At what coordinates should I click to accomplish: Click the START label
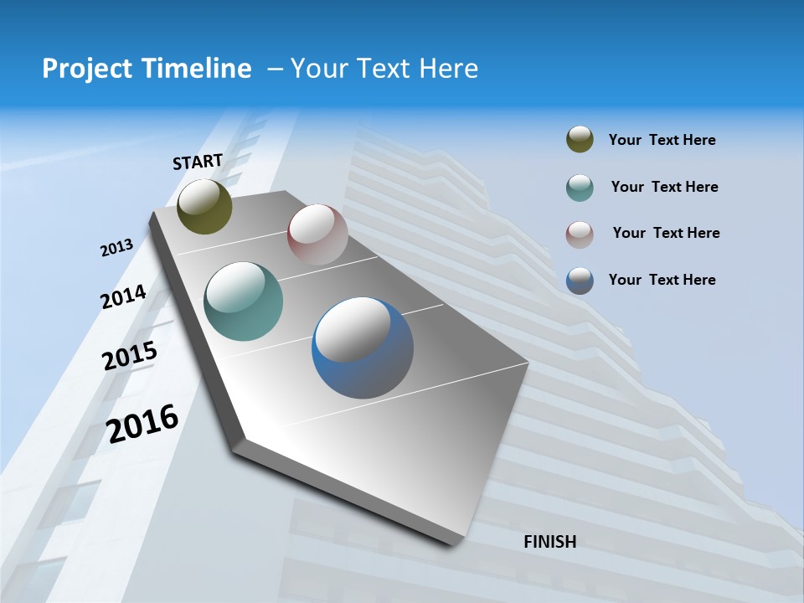tap(198, 162)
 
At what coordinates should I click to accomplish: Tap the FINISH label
tap(549, 542)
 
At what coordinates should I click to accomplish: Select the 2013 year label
tap(116, 248)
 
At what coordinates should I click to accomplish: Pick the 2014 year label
tap(123, 297)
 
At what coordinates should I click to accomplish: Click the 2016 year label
tap(142, 424)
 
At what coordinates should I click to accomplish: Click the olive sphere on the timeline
tap(204, 207)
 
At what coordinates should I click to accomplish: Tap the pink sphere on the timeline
tap(317, 234)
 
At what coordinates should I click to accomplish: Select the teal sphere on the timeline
tap(243, 301)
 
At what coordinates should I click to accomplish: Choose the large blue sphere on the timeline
tap(363, 348)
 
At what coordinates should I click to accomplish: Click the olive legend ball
tap(580, 140)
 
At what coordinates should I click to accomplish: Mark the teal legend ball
tap(580, 188)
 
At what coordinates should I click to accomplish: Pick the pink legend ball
tap(580, 234)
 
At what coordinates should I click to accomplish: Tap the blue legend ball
tap(580, 281)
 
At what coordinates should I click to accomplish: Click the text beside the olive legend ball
tap(662, 140)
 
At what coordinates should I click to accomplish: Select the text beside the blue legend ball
tap(662, 280)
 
